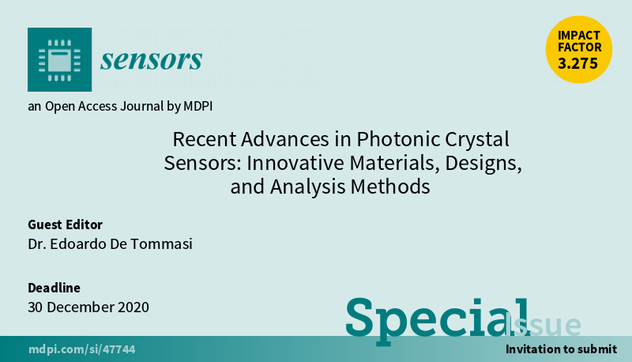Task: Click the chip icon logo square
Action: coord(60,59)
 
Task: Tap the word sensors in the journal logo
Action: coord(151,60)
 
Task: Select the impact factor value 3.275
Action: coord(578,63)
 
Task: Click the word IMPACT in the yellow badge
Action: coord(579,36)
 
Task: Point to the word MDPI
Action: coord(198,106)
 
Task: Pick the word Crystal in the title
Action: coord(477,140)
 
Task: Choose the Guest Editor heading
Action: coord(65,224)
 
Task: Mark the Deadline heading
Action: coord(54,288)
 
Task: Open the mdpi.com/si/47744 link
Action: coord(82,349)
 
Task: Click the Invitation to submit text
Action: coord(561,349)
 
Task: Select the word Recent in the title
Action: coord(205,139)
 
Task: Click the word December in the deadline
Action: coord(80,307)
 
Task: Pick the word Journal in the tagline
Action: coord(141,106)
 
